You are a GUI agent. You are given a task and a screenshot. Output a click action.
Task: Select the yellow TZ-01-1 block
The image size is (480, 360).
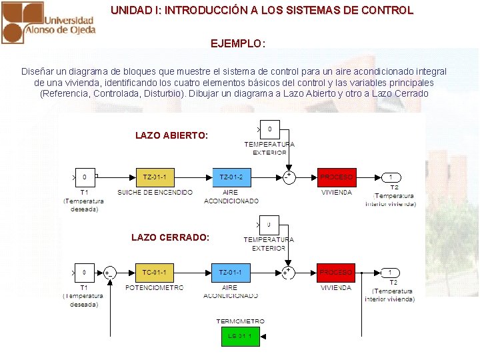(155, 177)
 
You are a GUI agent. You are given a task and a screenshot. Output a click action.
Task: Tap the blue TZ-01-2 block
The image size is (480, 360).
(231, 177)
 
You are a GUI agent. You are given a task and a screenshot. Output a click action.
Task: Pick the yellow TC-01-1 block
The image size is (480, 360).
(155, 273)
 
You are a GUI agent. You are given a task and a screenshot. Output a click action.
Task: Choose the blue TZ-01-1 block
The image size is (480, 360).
(231, 273)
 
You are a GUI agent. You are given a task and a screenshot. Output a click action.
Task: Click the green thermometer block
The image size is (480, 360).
(240, 337)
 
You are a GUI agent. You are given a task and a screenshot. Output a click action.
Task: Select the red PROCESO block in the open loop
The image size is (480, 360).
(336, 177)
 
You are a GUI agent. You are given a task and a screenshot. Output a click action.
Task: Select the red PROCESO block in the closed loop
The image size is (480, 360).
(336, 273)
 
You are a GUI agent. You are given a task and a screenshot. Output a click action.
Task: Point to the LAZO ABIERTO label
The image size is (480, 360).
(171, 135)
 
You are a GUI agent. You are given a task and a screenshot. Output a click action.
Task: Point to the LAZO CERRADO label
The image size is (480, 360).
(170, 237)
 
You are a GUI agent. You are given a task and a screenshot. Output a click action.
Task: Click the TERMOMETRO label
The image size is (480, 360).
(240, 321)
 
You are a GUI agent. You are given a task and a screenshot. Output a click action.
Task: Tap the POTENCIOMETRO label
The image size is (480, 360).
(154, 288)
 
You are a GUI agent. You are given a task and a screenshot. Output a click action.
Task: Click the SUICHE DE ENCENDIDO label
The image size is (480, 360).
(155, 193)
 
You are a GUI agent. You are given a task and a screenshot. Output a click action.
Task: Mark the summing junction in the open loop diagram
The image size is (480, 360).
(289, 177)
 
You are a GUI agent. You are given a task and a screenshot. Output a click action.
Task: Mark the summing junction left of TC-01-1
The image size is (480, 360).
(109, 273)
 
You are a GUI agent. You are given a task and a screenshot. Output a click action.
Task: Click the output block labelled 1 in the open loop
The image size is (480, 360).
(391, 177)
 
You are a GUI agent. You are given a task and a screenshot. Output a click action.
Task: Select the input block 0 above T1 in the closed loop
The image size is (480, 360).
(84, 273)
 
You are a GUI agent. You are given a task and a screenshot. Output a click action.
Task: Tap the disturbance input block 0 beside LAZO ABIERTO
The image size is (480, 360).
(269, 129)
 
